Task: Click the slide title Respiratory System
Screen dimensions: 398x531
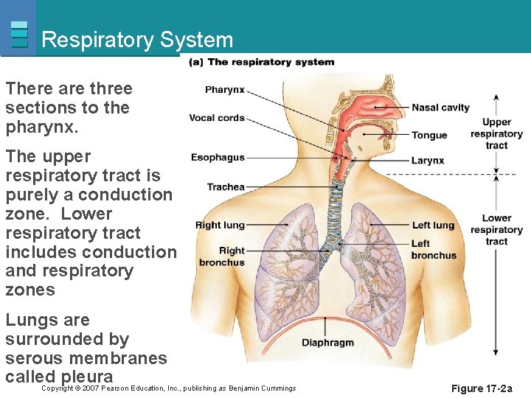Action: point(137,40)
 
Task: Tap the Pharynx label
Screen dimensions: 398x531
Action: point(225,90)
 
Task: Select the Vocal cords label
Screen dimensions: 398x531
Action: point(217,118)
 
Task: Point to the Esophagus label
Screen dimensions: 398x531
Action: point(218,157)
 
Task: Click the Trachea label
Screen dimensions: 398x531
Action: point(226,186)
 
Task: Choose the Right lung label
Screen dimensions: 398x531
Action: point(220,226)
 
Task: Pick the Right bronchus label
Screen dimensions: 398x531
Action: point(222,256)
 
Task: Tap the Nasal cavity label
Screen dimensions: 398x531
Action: point(440,108)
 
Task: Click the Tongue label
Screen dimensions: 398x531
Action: point(429,135)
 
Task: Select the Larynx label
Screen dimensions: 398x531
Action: point(428,161)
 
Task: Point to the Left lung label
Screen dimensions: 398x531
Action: point(433,226)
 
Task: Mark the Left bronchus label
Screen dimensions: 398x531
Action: point(434,249)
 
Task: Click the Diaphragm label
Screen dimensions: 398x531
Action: point(327,343)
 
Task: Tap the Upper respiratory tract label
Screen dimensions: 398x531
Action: point(496,133)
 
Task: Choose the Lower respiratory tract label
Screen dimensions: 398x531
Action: point(496,229)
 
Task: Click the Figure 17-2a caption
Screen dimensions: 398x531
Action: point(482,388)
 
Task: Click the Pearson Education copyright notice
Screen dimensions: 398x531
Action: point(169,388)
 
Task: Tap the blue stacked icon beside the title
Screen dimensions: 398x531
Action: point(20,34)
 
